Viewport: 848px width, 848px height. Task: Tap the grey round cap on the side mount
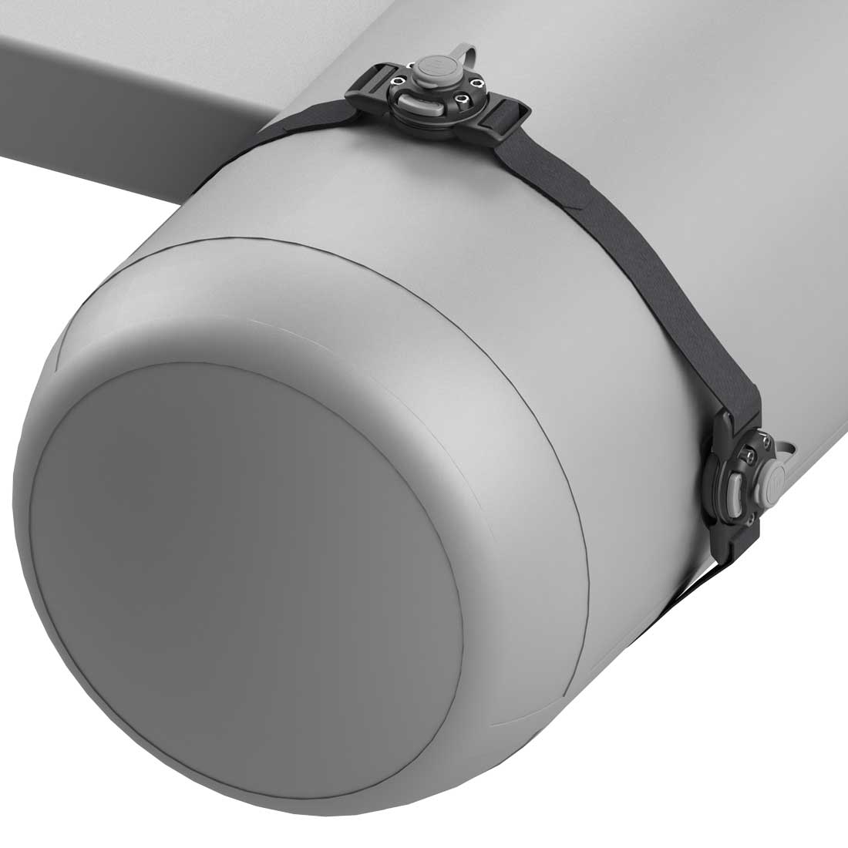click(x=772, y=482)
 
